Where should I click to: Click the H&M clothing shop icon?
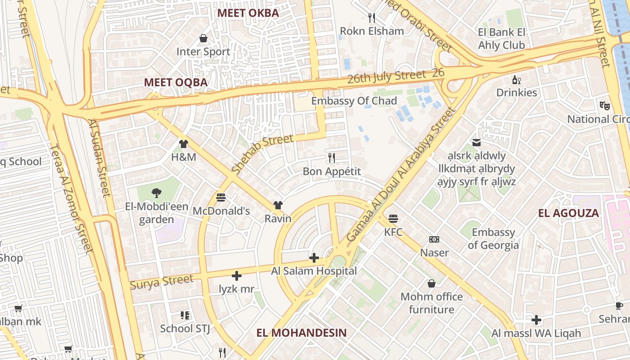(x=184, y=144)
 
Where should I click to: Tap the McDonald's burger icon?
(x=220, y=197)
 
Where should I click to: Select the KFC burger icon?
(x=393, y=219)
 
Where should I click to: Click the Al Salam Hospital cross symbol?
(x=314, y=258)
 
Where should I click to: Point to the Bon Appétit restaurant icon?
(x=332, y=157)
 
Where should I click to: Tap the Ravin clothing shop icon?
(x=278, y=205)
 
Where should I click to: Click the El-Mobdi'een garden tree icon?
(x=156, y=193)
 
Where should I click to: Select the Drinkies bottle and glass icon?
(x=517, y=80)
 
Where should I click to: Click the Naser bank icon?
(x=434, y=239)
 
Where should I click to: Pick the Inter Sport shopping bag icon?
(x=203, y=38)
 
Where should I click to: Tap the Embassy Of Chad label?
(x=354, y=101)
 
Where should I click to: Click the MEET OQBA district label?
(x=175, y=82)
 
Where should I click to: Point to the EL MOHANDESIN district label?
(x=301, y=333)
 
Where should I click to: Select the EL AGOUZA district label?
(x=568, y=213)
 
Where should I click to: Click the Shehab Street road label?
(x=262, y=154)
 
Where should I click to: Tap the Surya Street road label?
(x=162, y=282)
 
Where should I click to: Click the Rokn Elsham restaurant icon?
(x=372, y=18)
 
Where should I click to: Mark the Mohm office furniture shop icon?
(x=432, y=283)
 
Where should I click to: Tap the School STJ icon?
(x=185, y=315)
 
